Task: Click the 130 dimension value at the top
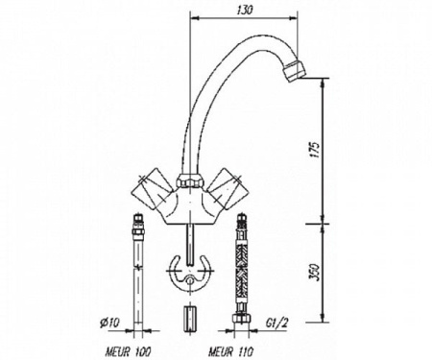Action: click(245, 11)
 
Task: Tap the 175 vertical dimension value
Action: click(314, 149)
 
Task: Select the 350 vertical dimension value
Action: click(314, 272)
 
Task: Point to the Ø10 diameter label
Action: click(109, 323)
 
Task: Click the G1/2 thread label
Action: click(277, 323)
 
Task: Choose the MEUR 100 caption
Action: click(129, 352)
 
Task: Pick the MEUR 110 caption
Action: click(231, 352)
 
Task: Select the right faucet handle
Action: click(227, 189)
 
